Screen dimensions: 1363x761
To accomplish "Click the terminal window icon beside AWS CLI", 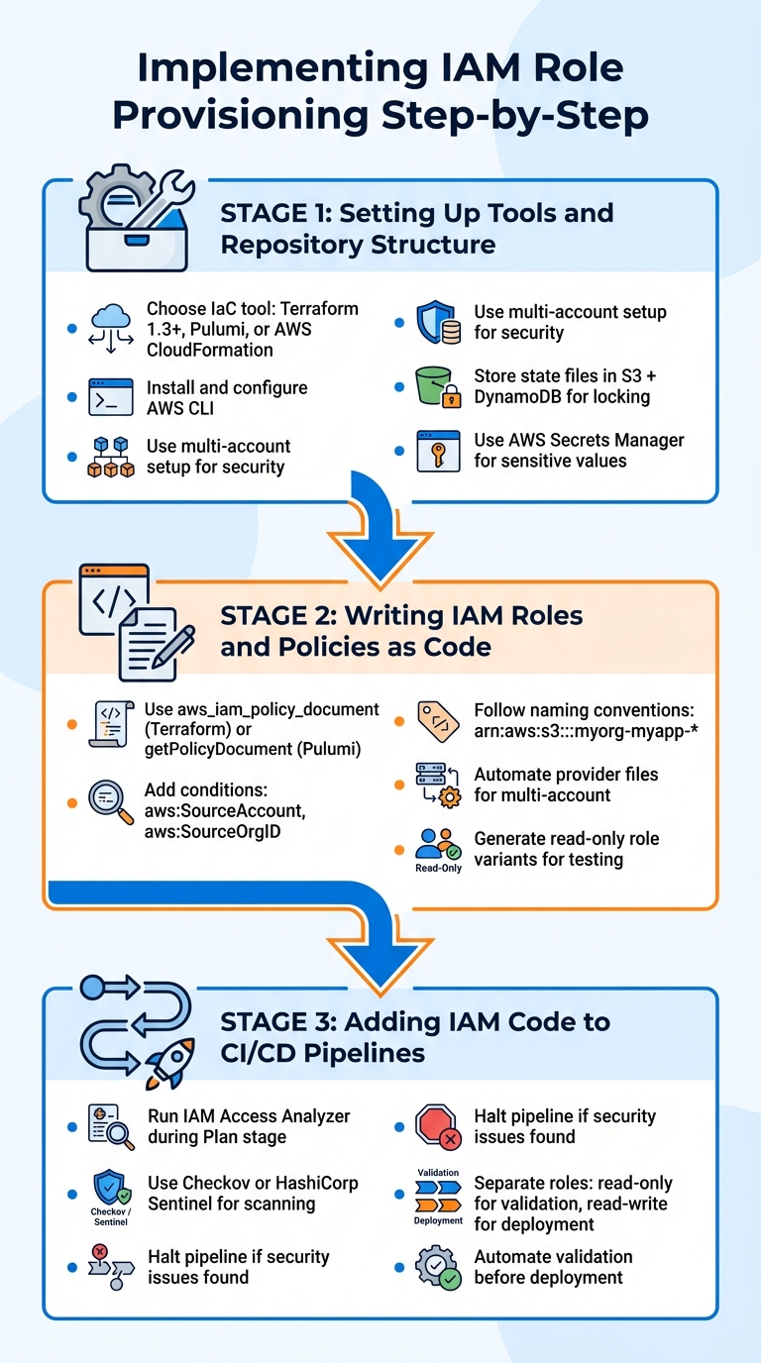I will [x=110, y=397].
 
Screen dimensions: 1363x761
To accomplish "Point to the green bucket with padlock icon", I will [x=437, y=387].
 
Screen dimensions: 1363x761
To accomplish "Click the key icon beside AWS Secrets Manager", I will [x=437, y=450].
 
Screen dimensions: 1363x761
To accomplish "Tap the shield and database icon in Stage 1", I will [x=437, y=322].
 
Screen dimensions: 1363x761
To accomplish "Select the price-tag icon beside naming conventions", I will [x=437, y=720].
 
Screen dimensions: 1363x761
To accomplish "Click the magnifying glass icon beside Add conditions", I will [x=110, y=800].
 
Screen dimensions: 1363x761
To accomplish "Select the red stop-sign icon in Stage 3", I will [x=437, y=1126].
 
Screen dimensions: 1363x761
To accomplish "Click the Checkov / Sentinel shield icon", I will [x=110, y=1188].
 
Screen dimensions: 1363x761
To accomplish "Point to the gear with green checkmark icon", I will [x=437, y=1267].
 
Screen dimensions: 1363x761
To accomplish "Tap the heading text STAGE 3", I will [x=276, y=1022].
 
